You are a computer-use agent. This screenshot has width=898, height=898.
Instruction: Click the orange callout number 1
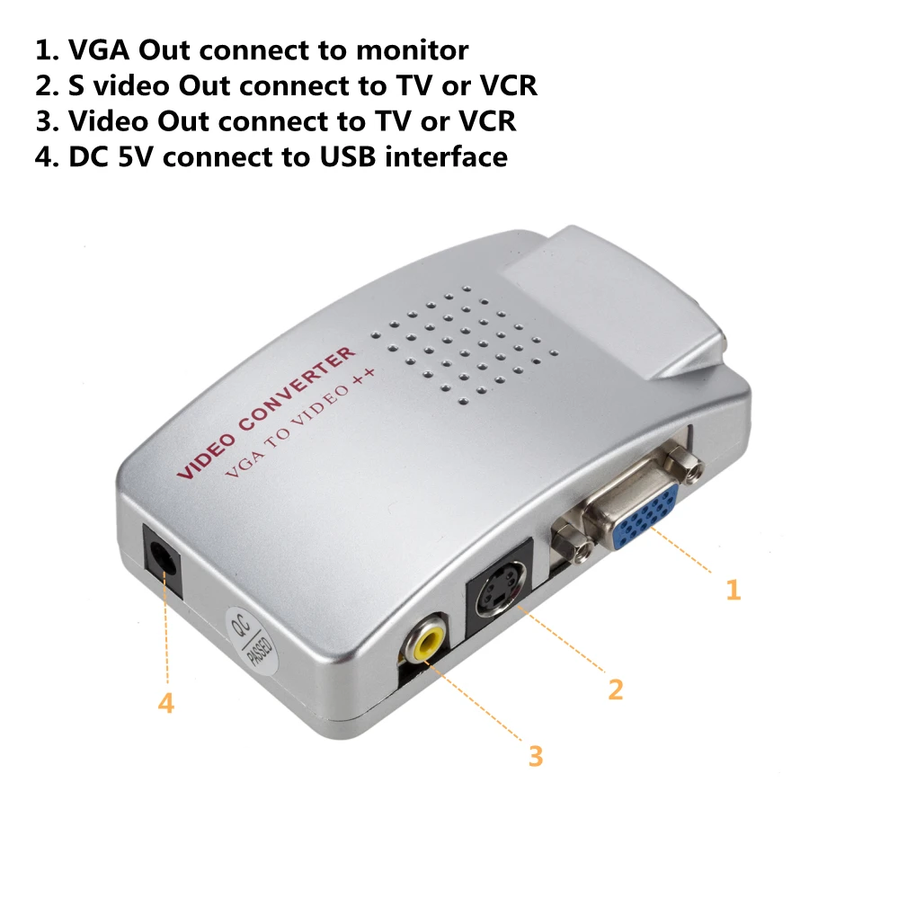point(734,590)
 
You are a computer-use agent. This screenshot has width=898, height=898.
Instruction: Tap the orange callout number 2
point(615,689)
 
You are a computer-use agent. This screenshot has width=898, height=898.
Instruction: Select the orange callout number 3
point(536,756)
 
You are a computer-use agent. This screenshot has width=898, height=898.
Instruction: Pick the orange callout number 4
point(166,703)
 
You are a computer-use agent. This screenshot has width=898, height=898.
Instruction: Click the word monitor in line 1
point(413,50)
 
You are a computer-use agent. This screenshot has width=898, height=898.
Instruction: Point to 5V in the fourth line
point(136,157)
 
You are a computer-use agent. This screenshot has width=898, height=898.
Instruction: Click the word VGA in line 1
point(99,50)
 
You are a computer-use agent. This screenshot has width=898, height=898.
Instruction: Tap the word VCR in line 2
point(509,86)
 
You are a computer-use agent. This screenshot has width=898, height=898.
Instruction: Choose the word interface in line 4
point(446,157)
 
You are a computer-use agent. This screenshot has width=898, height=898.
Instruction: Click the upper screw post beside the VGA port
point(685,464)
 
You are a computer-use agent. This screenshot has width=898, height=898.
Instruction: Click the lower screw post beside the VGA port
point(571,540)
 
